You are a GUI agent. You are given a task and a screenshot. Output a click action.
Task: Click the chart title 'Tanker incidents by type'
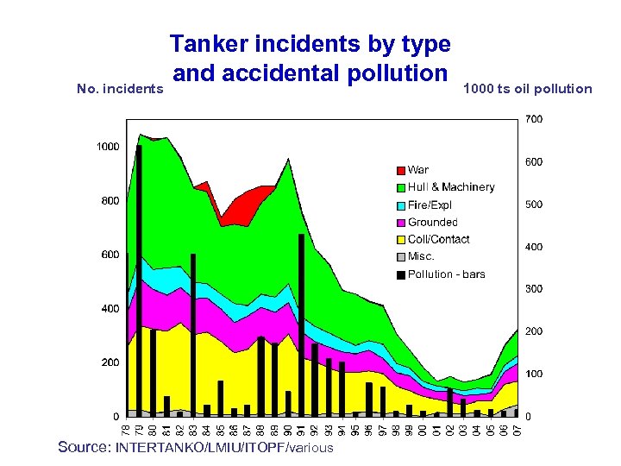(x=310, y=43)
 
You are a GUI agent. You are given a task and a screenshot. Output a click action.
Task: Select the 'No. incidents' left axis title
(x=120, y=88)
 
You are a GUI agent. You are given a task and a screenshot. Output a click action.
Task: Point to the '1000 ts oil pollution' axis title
(x=528, y=88)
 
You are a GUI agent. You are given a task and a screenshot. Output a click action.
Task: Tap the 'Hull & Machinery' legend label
(x=451, y=187)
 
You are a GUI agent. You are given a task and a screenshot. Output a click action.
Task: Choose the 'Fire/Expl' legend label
(x=430, y=205)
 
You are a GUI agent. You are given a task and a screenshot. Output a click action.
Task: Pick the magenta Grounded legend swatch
(x=400, y=223)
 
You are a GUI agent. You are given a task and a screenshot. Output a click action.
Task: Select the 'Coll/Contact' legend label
(x=438, y=239)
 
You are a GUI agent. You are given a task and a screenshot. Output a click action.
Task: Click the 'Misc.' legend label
(x=421, y=256)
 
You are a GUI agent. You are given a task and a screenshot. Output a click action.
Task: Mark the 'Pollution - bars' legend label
(x=446, y=274)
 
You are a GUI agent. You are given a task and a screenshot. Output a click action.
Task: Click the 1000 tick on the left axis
(x=108, y=147)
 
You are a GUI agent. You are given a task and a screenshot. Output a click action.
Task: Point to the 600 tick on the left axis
(x=110, y=255)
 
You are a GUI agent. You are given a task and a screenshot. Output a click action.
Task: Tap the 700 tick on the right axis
(x=534, y=120)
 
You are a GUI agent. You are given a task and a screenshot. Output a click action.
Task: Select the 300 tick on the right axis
(x=534, y=289)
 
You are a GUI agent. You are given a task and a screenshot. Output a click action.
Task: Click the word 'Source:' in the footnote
(x=84, y=447)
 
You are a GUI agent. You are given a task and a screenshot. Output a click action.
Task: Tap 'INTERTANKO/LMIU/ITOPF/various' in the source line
(x=224, y=448)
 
